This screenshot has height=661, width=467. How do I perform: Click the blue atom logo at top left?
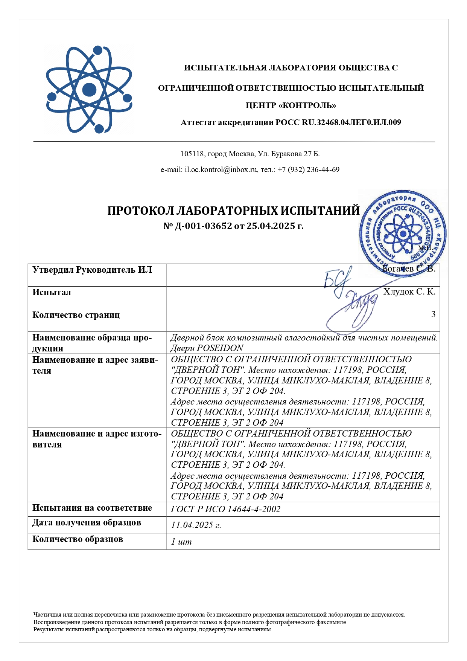(x=89, y=90)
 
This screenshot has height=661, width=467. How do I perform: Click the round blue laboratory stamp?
(x=403, y=234)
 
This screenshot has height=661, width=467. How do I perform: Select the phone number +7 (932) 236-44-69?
(x=308, y=170)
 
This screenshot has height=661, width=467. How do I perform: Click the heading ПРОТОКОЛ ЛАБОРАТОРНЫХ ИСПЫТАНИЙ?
(x=233, y=211)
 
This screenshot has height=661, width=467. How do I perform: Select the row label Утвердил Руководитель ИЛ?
(x=92, y=270)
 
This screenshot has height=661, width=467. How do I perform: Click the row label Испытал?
(x=52, y=293)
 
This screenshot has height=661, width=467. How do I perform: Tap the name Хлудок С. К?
(x=409, y=292)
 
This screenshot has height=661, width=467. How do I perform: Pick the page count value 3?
(x=433, y=314)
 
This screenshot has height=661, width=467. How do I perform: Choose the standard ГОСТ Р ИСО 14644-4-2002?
(x=225, y=509)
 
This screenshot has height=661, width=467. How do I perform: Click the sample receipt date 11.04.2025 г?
(x=196, y=525)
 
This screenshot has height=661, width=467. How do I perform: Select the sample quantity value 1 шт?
(x=181, y=542)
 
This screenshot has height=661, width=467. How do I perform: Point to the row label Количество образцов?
(x=78, y=539)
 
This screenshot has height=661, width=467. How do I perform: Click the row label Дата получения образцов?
(x=87, y=523)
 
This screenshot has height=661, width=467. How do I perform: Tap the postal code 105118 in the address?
(x=192, y=154)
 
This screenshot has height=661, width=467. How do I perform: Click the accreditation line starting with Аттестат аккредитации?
(x=291, y=122)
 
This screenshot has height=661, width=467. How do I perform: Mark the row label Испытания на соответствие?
(x=92, y=508)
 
